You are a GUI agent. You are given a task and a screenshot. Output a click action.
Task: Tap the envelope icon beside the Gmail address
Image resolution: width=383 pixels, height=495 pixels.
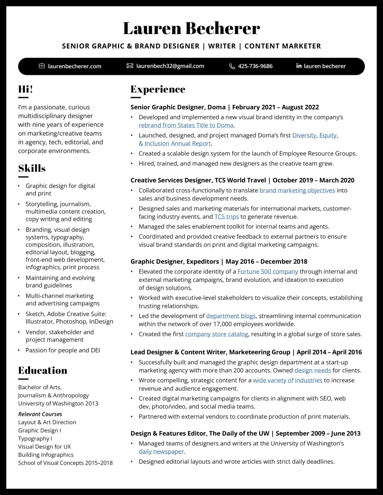point(129,66)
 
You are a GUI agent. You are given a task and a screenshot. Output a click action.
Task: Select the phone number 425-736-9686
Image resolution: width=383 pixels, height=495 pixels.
point(255,66)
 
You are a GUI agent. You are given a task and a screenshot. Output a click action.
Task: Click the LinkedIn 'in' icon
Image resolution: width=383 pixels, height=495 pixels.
point(299,66)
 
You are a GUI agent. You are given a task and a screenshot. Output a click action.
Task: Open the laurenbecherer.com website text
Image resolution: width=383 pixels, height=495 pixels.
point(75,66)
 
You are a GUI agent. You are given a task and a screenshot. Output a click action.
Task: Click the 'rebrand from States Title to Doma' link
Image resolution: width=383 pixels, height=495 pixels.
point(186,125)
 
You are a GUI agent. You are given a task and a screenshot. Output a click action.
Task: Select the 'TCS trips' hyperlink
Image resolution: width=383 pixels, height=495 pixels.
point(226,216)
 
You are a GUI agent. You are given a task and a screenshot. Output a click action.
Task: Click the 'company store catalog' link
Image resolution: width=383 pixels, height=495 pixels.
point(217,334)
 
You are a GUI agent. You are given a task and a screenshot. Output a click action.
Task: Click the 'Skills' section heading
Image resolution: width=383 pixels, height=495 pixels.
point(32,168)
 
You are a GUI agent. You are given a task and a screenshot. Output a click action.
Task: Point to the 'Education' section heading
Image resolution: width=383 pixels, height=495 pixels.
point(43,371)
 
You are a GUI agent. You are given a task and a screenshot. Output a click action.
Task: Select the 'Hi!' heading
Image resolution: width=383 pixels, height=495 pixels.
point(25,89)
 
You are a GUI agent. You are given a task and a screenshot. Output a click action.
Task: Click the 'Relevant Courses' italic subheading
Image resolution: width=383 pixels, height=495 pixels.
point(40,414)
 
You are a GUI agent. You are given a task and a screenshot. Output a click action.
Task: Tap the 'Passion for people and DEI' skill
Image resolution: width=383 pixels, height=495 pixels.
point(63,350)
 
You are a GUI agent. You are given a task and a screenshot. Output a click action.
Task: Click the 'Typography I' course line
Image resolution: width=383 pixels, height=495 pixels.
point(35,438)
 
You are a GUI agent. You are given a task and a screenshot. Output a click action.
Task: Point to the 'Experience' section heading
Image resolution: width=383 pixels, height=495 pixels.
point(158,89)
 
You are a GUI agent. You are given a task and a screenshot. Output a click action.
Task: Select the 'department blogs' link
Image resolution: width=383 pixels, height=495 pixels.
point(231,316)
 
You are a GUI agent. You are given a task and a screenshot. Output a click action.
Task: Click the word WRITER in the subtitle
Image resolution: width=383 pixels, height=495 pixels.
point(222,46)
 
